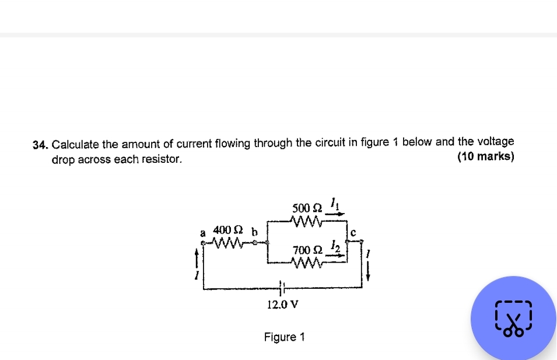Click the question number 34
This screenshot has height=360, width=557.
[x=39, y=144]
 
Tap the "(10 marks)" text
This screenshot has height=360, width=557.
[x=486, y=157]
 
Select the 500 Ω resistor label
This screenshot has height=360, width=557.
[x=307, y=208]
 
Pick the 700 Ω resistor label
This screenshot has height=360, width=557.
[x=307, y=250]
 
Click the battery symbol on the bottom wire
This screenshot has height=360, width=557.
[x=282, y=288]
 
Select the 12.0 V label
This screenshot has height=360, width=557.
[x=282, y=304]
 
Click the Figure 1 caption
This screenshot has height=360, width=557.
[x=284, y=337]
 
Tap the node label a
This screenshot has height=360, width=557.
[x=203, y=232]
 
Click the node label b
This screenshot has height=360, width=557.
[x=254, y=231]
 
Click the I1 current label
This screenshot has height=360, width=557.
[x=334, y=204]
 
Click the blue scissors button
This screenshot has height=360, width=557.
[x=513, y=319]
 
